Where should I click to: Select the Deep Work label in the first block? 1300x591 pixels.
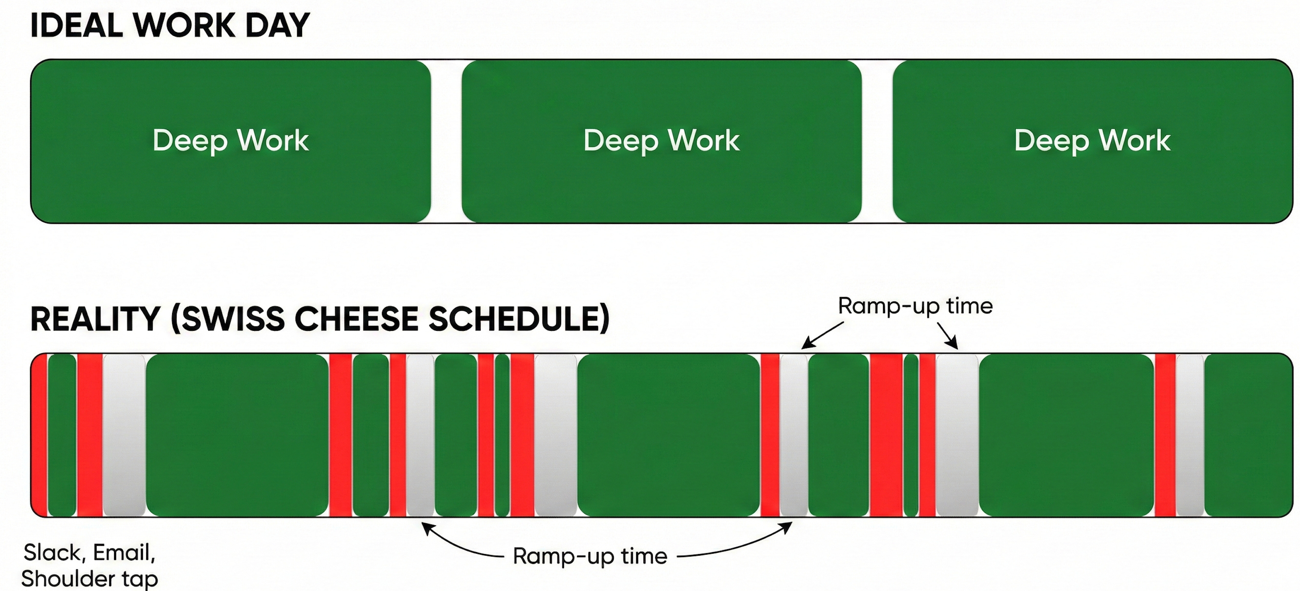pyautogui.click(x=230, y=140)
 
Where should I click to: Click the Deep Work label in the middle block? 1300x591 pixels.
pyautogui.click(x=661, y=140)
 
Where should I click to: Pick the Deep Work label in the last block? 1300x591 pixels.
pyautogui.click(x=1092, y=140)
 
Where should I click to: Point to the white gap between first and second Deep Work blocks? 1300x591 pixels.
pyautogui.click(x=446, y=141)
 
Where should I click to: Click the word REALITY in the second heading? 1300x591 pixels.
pyautogui.click(x=95, y=319)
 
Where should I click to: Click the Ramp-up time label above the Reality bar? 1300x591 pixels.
pyautogui.click(x=915, y=306)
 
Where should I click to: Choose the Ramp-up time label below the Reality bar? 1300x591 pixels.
pyautogui.click(x=590, y=556)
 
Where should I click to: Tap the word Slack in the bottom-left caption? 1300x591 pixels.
pyautogui.click(x=52, y=553)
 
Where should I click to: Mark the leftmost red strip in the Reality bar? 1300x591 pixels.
pyautogui.click(x=39, y=435)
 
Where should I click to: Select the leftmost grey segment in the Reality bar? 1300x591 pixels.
pyautogui.click(x=124, y=435)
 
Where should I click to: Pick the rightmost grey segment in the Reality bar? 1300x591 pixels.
pyautogui.click(x=1190, y=435)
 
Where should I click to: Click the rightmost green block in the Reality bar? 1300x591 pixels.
pyautogui.click(x=1248, y=435)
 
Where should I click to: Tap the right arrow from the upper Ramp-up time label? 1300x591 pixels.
pyautogui.click(x=948, y=336)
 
